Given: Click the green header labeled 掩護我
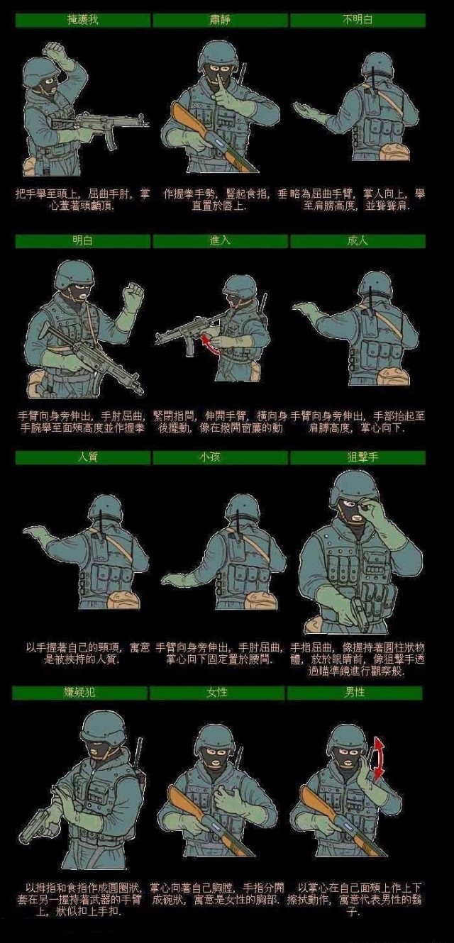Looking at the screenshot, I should (82, 20).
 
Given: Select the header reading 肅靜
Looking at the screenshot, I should (220, 20).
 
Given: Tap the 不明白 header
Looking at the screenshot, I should (358, 20).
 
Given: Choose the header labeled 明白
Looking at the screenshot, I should (82, 241).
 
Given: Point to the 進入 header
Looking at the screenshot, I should (220, 241).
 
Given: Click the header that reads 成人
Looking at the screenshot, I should (358, 241).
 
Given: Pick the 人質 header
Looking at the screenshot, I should (82, 457).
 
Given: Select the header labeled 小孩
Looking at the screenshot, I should (220, 457).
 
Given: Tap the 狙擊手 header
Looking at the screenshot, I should (358, 457).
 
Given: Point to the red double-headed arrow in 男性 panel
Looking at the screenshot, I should (380, 759).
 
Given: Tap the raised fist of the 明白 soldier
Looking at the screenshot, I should (133, 295).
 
